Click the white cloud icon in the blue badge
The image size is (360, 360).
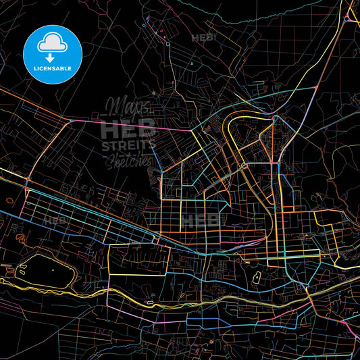(53, 42)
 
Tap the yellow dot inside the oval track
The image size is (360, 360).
(53, 269)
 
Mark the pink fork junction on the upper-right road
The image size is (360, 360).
(315, 88)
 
